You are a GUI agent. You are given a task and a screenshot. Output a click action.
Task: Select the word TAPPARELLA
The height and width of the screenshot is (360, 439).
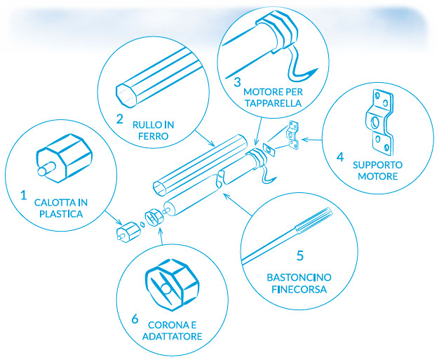tap(273, 103)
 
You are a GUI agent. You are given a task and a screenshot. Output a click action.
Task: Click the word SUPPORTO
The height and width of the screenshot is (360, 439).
tap(378, 166)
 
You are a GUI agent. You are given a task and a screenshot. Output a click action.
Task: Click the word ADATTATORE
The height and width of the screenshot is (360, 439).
tap(175, 336)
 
